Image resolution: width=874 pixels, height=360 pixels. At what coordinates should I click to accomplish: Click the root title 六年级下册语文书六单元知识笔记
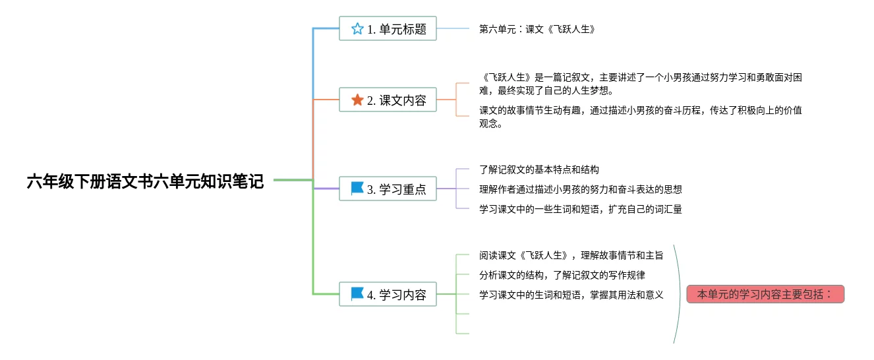coord(145,181)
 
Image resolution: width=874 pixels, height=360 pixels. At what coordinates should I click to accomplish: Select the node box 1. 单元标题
coord(388,28)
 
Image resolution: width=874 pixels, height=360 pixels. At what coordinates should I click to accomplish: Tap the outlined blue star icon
coord(357,28)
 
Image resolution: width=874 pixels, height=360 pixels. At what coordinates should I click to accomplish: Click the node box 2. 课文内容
coord(388,100)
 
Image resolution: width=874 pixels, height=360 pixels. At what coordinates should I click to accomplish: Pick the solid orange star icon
coord(357,100)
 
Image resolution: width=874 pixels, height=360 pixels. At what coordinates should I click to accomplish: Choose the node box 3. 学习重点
coord(388,189)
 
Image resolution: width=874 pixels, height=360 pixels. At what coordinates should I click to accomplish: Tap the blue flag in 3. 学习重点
coord(357,189)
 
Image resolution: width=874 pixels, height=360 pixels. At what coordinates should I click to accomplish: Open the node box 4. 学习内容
coord(388,294)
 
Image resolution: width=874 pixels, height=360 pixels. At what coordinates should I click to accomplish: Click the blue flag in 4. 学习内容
coord(357,293)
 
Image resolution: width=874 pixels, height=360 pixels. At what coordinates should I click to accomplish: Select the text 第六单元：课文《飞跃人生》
coord(537,29)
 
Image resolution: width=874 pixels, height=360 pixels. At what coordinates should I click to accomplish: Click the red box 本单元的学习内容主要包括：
coord(765,294)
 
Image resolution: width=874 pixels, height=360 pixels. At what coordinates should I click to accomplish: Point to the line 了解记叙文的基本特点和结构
coord(539,169)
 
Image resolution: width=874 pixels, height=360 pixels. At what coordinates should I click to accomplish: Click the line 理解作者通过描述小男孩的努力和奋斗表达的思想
coord(580,189)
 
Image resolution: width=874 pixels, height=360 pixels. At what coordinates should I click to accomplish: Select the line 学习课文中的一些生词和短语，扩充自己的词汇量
coord(580,209)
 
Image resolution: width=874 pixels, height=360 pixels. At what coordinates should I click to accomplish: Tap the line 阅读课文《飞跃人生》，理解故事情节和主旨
coord(571,255)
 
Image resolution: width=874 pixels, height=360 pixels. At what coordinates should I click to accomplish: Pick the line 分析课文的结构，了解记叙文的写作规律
coord(562,275)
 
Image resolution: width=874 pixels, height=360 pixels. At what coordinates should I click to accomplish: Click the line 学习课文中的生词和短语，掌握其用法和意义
coord(571,295)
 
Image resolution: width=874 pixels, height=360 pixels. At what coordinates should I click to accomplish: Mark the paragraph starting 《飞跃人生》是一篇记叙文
coord(639,84)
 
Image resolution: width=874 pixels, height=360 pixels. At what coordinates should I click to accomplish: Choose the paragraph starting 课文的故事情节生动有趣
coord(639,117)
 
